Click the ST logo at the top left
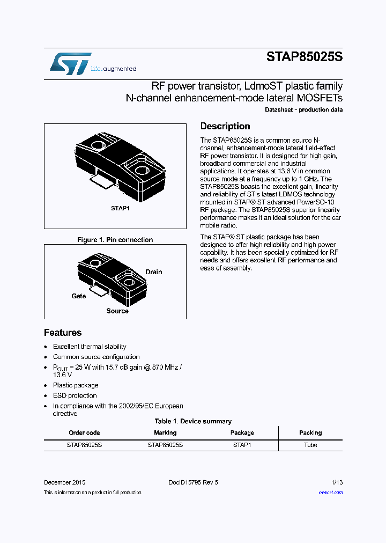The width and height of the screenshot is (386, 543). (70, 64)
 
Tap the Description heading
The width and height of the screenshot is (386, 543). (225, 126)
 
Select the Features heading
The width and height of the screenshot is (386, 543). (63, 332)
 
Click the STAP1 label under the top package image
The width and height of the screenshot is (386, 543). (120, 208)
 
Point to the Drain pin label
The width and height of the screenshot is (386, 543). (154, 272)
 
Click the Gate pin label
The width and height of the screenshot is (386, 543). (79, 296)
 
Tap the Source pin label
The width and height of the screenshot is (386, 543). (117, 311)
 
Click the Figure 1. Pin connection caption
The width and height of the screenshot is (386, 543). (115, 240)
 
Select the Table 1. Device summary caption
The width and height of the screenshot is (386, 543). (193, 421)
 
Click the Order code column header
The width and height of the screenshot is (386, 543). (84, 432)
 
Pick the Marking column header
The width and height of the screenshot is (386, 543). (165, 432)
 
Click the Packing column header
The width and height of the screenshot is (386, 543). (310, 432)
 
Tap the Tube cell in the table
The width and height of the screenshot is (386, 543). (310, 445)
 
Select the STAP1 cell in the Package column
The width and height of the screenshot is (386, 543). (242, 445)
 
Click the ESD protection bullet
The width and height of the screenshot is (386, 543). (75, 395)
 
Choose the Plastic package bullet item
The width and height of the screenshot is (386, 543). (76, 385)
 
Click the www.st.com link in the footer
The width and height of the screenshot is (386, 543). (330, 492)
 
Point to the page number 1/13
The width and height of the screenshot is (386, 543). (336, 482)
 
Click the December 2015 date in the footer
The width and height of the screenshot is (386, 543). (64, 482)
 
